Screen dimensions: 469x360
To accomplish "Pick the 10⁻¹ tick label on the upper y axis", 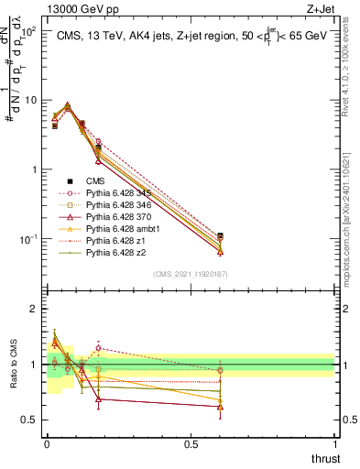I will point(28,239).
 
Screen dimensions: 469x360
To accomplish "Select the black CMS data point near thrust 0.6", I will point(220,236).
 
